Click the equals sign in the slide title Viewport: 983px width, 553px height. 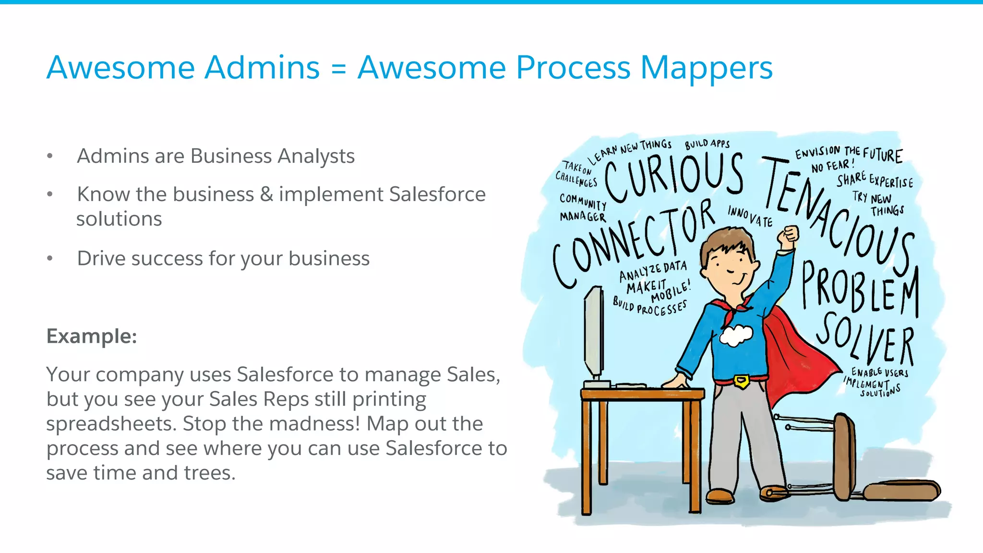(338, 69)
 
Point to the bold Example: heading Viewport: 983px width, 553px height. (92, 336)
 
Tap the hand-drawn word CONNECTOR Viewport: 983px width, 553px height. (634, 245)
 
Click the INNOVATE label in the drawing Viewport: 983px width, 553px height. (750, 216)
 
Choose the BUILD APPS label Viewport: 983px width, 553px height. (707, 144)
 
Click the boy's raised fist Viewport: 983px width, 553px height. (788, 235)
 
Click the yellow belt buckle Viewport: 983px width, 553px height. (742, 381)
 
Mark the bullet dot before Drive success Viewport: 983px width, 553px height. (50, 258)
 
